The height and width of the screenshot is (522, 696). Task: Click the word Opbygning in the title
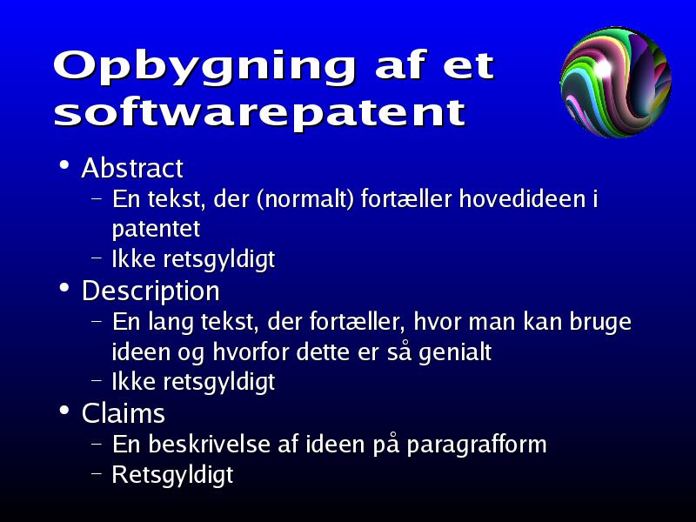coord(204,67)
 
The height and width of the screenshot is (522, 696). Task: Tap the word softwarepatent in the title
coord(259,113)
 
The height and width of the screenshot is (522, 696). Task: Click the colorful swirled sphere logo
coord(616,82)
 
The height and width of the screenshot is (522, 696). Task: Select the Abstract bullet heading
coord(132,168)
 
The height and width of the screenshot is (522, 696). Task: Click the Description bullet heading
coord(151,291)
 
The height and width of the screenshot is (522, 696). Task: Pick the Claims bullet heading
coord(124,413)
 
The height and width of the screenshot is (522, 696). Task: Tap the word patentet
coord(156,229)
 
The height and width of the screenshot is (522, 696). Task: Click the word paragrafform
coord(476,445)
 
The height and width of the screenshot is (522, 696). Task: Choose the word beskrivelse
coord(209,444)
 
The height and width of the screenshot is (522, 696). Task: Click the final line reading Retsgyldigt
coord(172,475)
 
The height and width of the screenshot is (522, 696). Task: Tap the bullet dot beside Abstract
coord(64,165)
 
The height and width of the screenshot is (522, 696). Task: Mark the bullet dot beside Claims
coord(64,411)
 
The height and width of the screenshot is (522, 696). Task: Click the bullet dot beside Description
coord(64,288)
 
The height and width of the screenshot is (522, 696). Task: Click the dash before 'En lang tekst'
coord(97,320)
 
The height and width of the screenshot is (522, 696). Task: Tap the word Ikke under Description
coord(133,382)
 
